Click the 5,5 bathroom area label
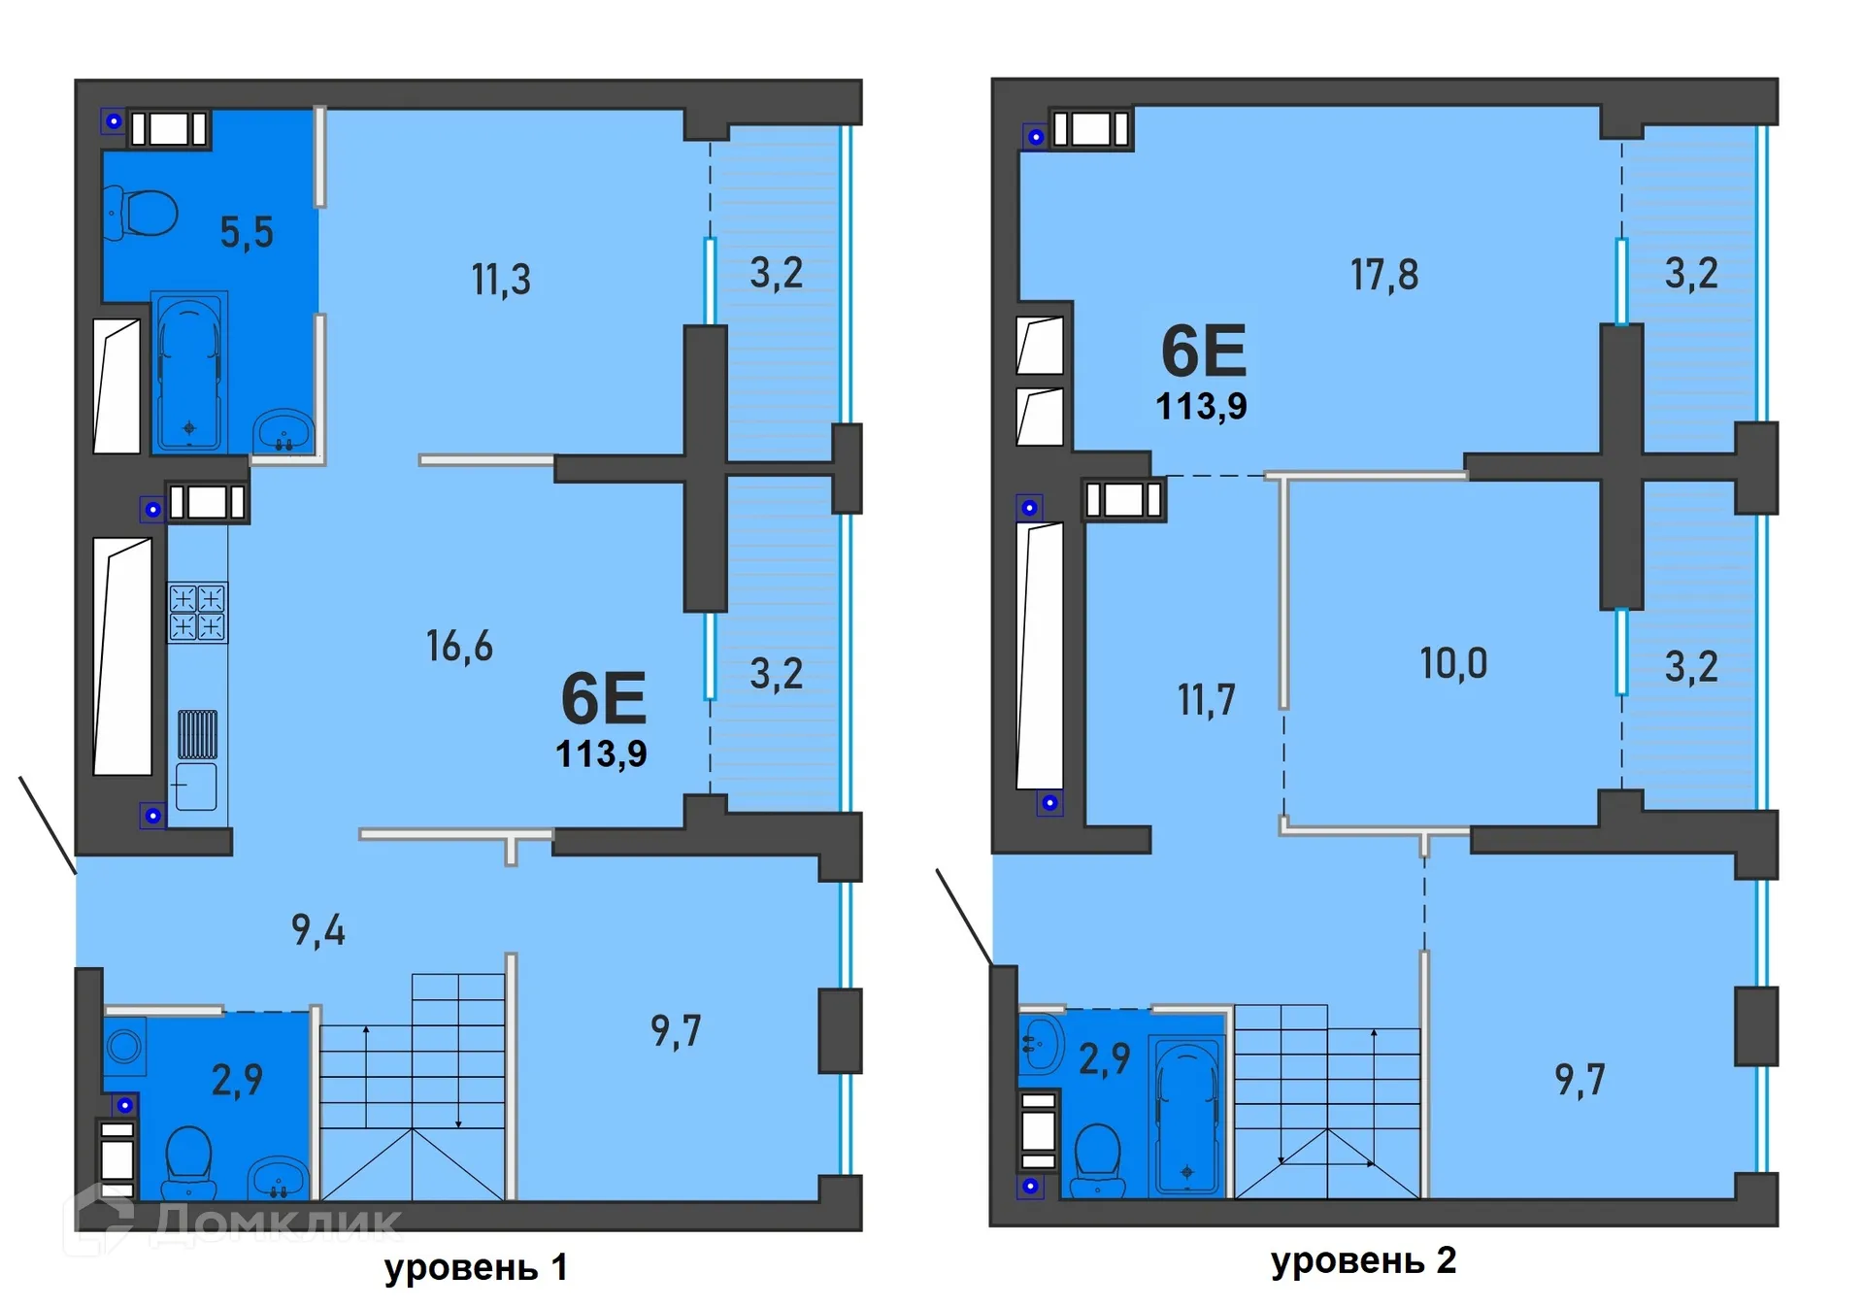coord(247,233)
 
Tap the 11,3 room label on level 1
coord(501,280)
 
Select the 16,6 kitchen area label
coord(459,646)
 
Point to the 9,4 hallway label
coord(318,930)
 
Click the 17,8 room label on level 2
coord(1384,275)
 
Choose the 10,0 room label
coord(1453,664)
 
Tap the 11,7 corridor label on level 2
coord(1207,700)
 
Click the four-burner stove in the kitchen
coord(197,612)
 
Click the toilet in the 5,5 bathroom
coord(144,213)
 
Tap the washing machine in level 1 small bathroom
coord(124,1046)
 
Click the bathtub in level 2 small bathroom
coord(1185,1117)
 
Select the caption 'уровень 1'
coord(476,1267)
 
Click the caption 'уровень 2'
coord(1363,1260)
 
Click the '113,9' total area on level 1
coord(601,754)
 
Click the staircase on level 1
coord(413,1088)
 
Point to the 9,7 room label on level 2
coord(1580,1080)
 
